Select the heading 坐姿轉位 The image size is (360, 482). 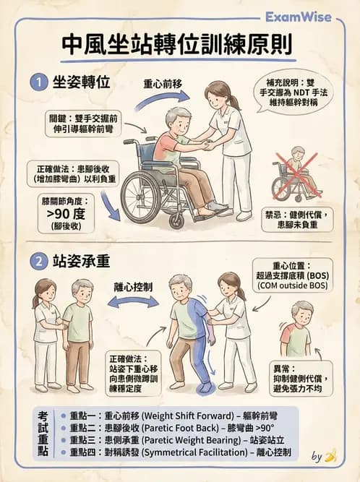click(82, 82)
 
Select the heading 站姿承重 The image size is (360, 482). click(82, 259)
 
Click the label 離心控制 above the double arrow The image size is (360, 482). click(132, 286)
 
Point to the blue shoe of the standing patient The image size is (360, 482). click(205, 387)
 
